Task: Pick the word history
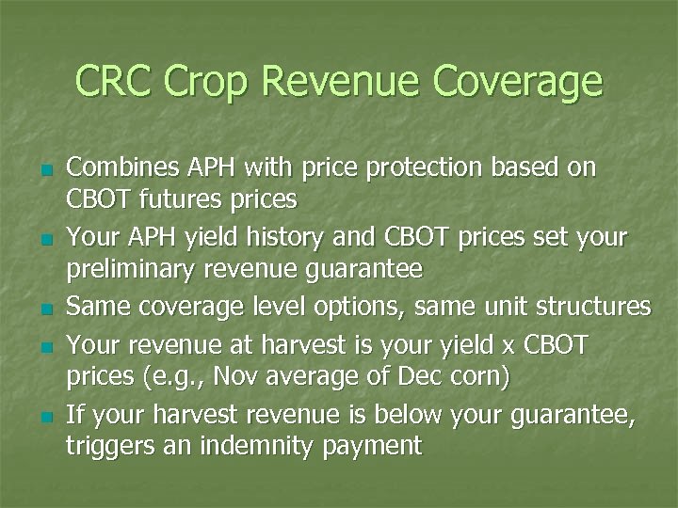[x=287, y=236]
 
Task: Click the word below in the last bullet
[x=399, y=411]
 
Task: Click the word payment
[x=377, y=445]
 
